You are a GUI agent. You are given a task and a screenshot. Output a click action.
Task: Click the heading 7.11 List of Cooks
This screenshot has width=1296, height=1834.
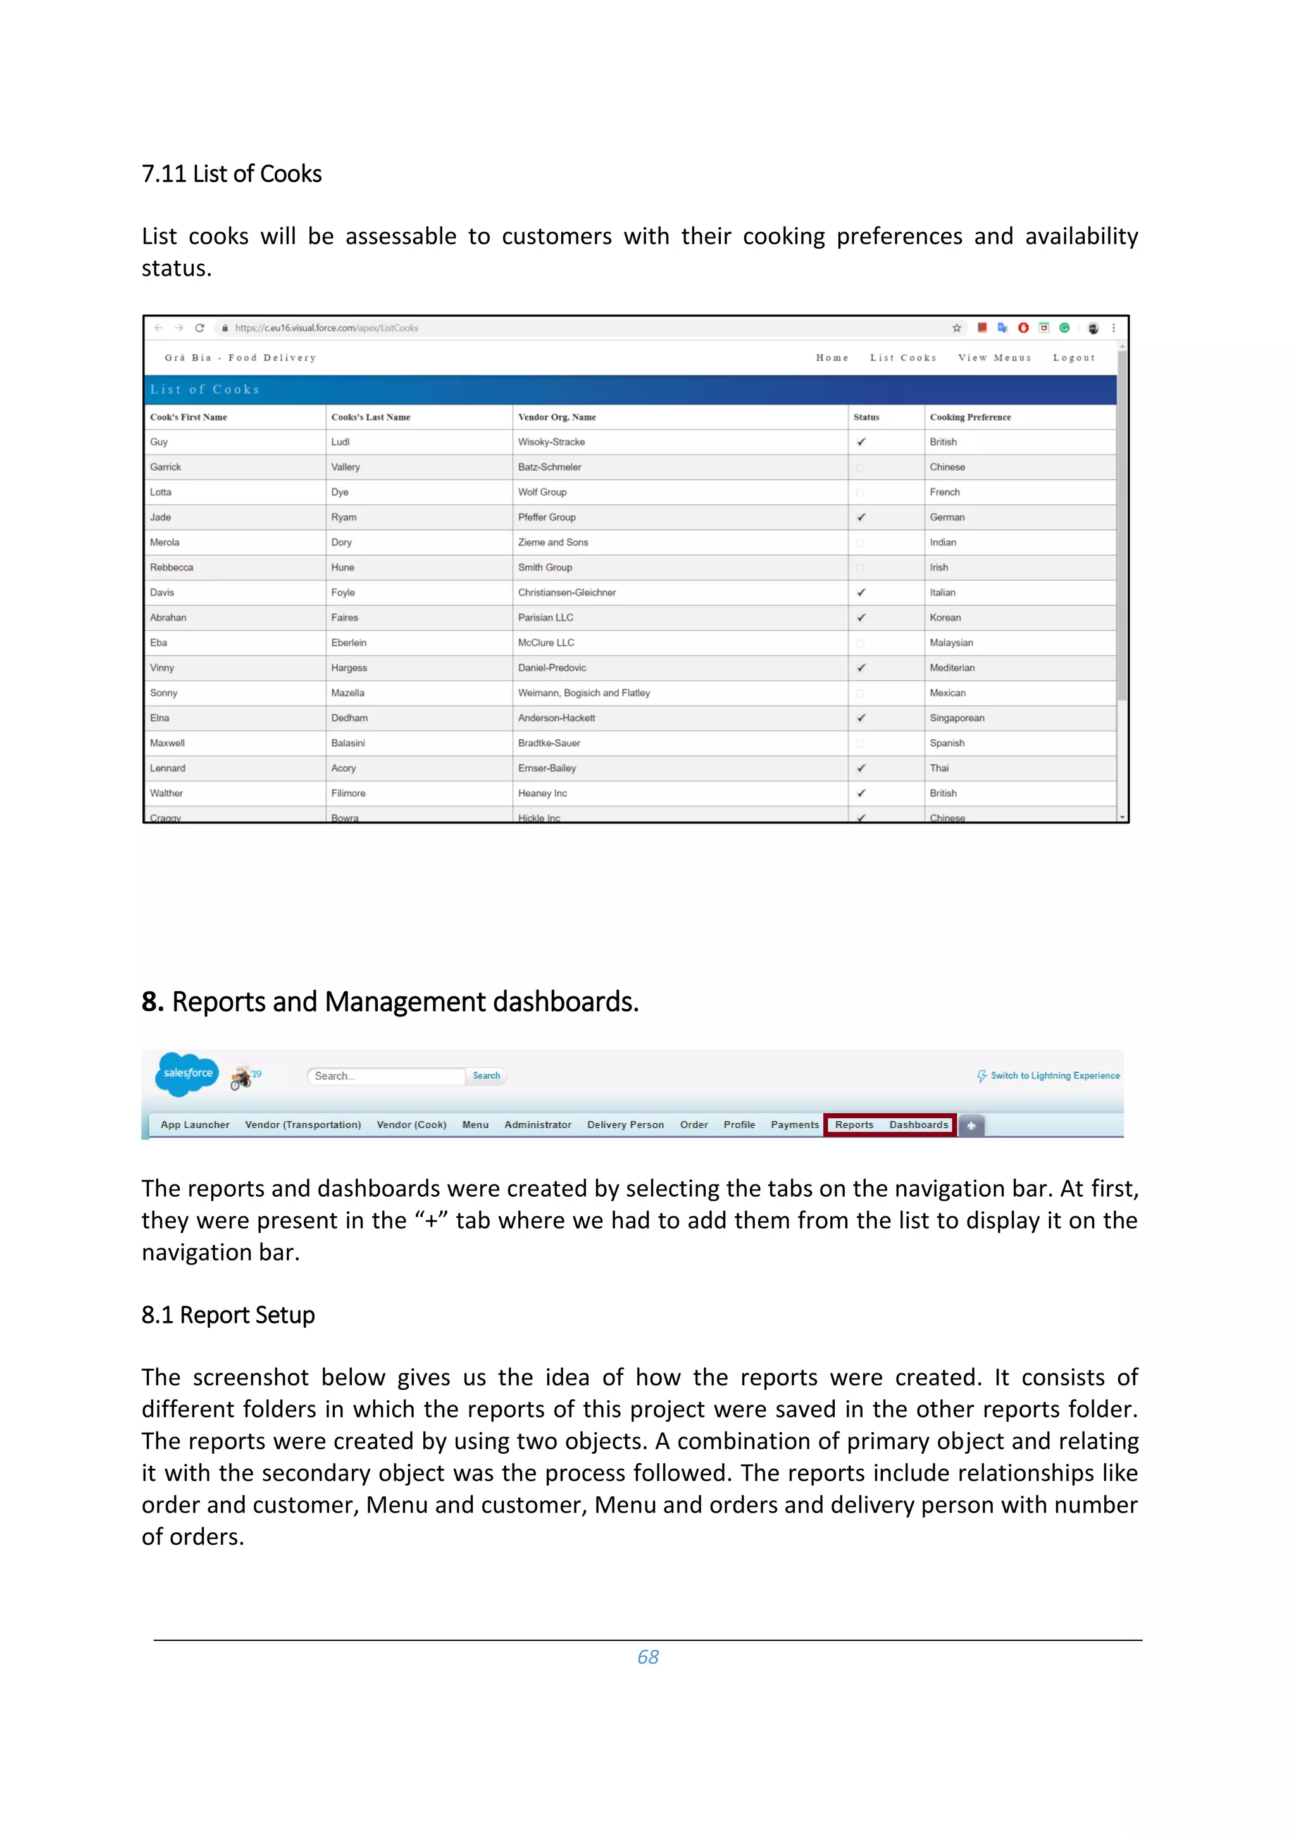232,173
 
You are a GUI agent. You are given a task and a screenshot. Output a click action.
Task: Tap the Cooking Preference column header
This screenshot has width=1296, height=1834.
969,417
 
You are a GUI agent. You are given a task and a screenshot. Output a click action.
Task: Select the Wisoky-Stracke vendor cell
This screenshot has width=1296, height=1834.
551,442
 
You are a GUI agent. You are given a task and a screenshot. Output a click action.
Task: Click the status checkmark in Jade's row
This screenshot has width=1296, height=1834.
861,518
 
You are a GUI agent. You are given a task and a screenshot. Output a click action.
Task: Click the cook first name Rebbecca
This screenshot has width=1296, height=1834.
171,567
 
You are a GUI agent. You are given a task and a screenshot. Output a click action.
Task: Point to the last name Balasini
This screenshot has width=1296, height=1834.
348,743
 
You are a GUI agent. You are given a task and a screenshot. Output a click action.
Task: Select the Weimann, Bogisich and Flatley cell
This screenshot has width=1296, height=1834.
583,692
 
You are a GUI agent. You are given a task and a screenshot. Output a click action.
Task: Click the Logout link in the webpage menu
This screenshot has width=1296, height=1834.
1073,358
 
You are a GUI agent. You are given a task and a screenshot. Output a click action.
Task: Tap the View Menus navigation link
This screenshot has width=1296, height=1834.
994,358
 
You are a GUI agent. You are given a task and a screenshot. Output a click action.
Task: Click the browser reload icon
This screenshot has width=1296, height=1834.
199,328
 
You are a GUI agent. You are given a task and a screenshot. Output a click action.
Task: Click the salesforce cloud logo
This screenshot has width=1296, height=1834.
188,1073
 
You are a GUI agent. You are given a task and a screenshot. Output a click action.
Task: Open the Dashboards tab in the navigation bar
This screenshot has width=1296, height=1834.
918,1125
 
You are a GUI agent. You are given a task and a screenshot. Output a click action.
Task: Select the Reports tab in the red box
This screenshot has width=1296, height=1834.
854,1125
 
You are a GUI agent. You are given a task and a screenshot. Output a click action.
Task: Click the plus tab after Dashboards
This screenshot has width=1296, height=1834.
971,1125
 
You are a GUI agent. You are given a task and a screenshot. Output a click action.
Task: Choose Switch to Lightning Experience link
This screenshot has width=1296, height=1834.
1054,1076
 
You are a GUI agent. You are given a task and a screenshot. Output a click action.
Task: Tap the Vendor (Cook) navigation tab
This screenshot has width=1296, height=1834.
411,1125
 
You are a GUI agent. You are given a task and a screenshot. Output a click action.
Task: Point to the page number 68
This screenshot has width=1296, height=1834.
647,1657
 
